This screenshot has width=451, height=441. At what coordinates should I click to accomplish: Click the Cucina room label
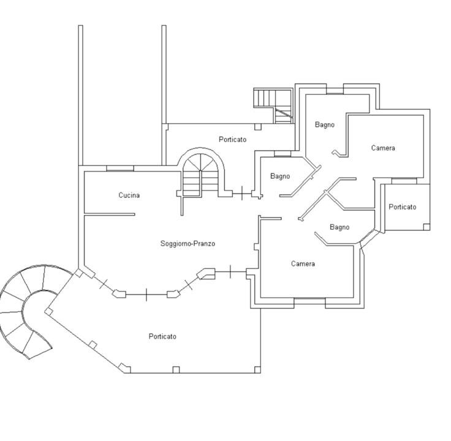point(129,195)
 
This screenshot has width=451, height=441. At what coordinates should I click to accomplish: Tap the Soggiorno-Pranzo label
point(188,244)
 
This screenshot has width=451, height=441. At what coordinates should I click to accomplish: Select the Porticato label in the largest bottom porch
point(162,336)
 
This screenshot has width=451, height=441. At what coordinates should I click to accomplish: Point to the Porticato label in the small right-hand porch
point(403,206)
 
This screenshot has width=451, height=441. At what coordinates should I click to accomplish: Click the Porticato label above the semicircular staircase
point(233,140)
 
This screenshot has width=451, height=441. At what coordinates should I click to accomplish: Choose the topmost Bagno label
point(325,125)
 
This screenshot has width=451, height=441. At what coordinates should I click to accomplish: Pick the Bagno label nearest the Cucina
point(280,176)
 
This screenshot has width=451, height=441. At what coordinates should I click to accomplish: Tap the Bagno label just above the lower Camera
point(339,227)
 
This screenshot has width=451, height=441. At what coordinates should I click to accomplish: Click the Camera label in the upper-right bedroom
point(383,148)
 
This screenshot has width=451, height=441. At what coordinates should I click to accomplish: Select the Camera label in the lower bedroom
point(303,263)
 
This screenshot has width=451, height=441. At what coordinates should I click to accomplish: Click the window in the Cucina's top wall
point(120,169)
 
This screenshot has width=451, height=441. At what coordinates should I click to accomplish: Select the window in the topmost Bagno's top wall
point(335,91)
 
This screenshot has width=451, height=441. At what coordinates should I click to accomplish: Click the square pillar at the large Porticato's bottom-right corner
point(258,370)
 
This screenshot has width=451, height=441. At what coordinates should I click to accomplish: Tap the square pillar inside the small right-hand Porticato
point(427,227)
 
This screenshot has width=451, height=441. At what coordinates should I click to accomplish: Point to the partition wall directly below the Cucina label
point(110,214)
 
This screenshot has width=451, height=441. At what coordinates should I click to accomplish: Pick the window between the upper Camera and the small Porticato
point(404,181)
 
